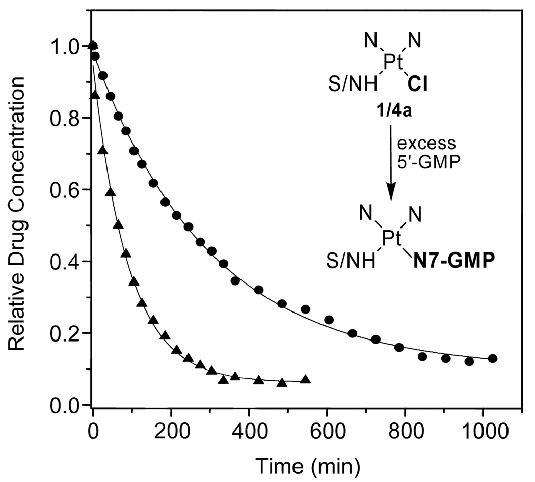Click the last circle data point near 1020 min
point(493,358)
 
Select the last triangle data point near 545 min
point(305,379)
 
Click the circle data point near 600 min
point(329,320)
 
